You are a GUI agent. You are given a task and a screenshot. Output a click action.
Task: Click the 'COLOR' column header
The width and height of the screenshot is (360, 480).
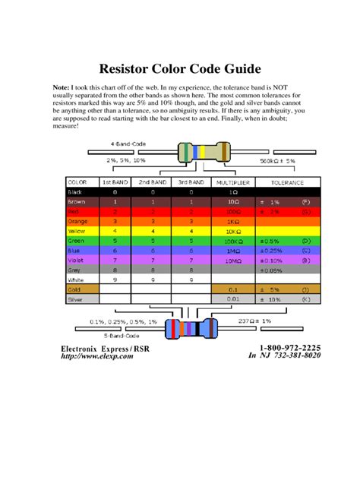[x=78, y=182]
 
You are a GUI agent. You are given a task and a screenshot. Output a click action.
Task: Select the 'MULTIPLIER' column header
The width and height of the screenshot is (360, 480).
[x=233, y=182]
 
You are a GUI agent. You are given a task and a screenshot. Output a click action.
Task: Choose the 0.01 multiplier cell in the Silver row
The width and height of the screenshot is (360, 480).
[x=233, y=299]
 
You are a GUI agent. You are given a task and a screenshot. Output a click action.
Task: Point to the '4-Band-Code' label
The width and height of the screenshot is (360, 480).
[x=127, y=144]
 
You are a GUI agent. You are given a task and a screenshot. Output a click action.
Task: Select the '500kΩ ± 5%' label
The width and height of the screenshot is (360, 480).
[x=277, y=161]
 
